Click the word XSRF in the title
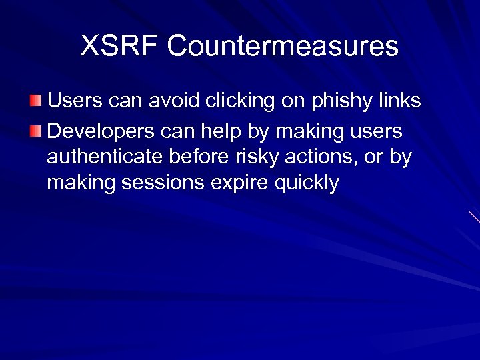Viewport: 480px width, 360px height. pos(119,46)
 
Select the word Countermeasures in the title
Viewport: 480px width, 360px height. pos(283,46)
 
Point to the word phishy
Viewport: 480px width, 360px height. pos(341,101)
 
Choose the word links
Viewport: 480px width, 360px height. pos(399,101)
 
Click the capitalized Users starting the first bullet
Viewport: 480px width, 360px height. pos(74,101)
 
